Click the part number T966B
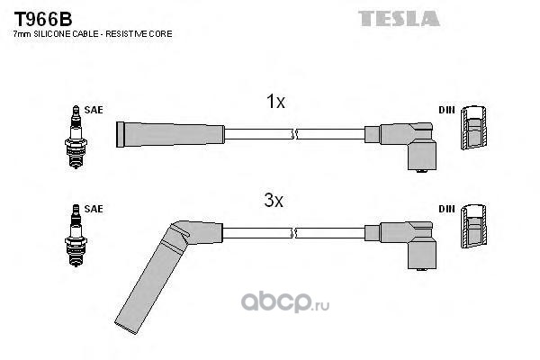coord(42,19)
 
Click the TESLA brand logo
coord(399,19)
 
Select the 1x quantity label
coord(275,102)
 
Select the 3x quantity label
coord(274,200)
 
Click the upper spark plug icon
coord(76,137)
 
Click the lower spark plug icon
coord(76,235)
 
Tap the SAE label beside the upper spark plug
coord(94,110)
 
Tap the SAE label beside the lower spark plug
coord(94,209)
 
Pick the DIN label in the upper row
coord(446,110)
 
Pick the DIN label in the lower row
coord(446,209)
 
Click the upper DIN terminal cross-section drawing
coord(474,128)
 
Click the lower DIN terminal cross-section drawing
coord(474,226)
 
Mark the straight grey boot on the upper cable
coord(170,134)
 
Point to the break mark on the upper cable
coord(293,134)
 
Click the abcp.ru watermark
coord(285,302)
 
